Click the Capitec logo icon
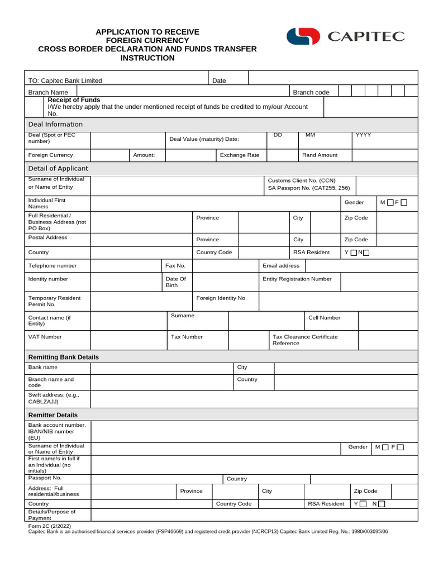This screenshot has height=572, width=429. tap(303, 36)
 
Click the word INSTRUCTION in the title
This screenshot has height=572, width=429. tap(147, 58)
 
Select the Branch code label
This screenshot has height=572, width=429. tap(311, 92)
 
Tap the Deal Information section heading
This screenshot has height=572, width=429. tap(55, 124)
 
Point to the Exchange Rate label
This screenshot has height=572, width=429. tap(240, 155)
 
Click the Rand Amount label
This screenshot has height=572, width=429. tap(320, 155)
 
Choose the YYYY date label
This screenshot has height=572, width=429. tap(363, 135)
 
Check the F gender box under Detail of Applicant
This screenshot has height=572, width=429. tap(404, 203)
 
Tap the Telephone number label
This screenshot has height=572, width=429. tap(53, 265)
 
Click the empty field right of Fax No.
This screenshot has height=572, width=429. tap(225, 265)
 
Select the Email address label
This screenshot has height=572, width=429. tap(281, 265)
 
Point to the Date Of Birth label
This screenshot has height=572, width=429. tap(175, 282)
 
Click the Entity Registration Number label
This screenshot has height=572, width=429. tap(297, 279)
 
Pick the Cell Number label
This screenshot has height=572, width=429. tap(324, 317)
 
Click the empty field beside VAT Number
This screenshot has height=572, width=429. tap(128, 340)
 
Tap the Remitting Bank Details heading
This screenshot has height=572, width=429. tap(63, 357)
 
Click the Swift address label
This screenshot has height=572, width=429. tap(54, 398)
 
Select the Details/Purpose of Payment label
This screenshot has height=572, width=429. tap(51, 514)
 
